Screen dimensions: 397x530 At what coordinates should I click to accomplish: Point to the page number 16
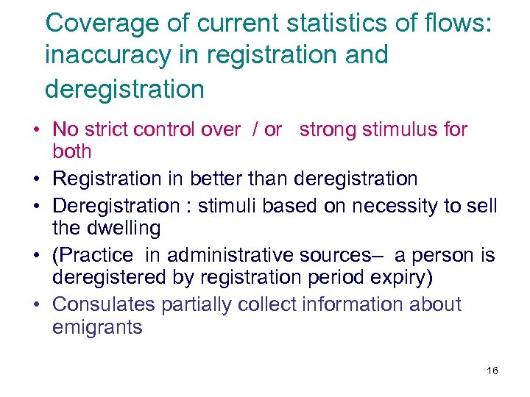492,371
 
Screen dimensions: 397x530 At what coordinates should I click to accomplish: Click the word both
72,152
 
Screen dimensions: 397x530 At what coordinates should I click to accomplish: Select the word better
220,179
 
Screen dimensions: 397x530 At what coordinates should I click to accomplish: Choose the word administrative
230,256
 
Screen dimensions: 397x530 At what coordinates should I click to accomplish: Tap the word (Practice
93,256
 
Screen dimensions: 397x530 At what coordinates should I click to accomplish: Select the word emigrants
97,327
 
